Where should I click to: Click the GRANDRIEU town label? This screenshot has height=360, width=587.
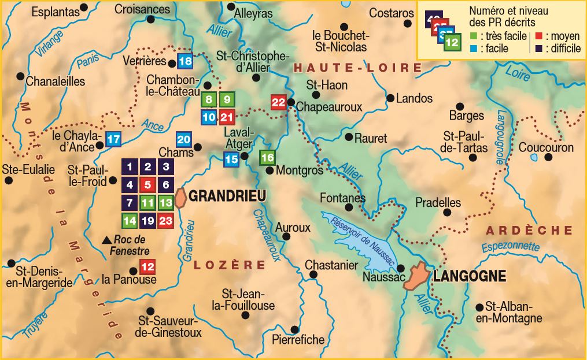point(227,196)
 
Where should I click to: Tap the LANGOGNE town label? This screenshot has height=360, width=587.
point(470,276)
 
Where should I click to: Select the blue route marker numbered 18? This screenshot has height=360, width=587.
point(185,61)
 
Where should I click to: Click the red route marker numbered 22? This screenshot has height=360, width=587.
point(279,103)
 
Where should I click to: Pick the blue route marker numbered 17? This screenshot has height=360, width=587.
point(113,139)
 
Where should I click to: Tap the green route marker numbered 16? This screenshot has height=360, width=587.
point(267,157)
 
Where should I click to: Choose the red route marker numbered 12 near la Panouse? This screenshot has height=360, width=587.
point(147,267)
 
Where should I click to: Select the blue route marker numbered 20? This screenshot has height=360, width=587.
point(184,139)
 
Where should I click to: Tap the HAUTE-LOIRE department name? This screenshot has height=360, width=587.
point(357,68)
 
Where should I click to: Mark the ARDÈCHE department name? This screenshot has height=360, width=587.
point(529,231)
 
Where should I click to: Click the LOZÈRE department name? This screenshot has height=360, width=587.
point(229,265)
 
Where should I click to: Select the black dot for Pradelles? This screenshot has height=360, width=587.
point(447,212)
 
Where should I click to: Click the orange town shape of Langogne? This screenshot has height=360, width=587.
point(416,277)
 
